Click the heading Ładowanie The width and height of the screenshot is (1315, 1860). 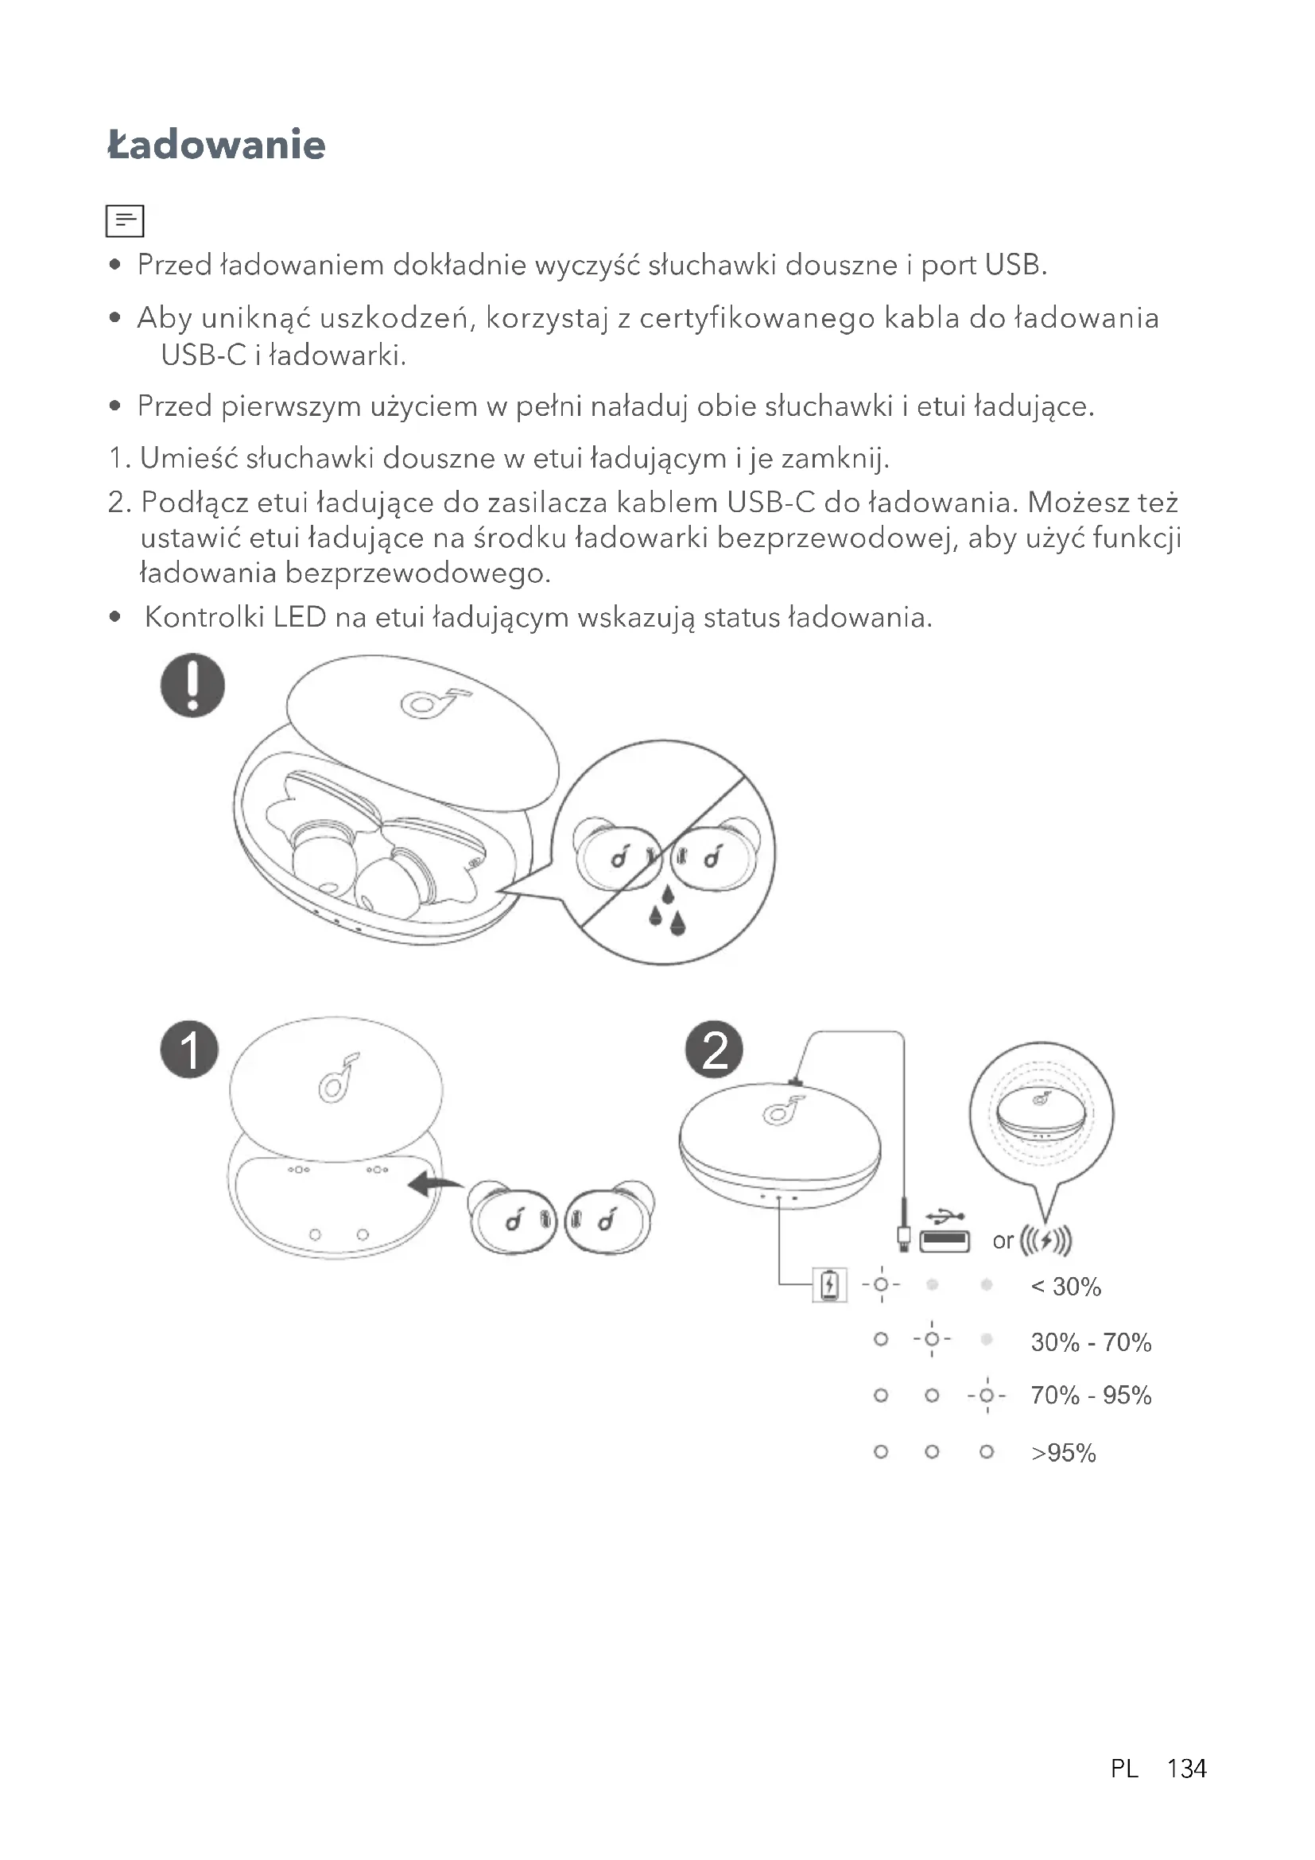(216, 145)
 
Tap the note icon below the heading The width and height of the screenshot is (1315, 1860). (125, 220)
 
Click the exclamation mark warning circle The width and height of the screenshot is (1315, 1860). (192, 685)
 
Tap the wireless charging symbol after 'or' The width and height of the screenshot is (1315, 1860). (1045, 1241)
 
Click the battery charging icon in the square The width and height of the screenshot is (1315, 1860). (829, 1285)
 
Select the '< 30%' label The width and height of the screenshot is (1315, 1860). (1065, 1287)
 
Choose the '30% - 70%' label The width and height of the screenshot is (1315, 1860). (1091, 1342)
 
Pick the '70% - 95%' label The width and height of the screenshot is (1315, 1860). (1091, 1395)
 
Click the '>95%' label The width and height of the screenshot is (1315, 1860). (1063, 1453)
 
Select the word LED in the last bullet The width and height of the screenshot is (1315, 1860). (299, 617)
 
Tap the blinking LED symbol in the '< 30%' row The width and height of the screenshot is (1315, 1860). (881, 1285)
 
